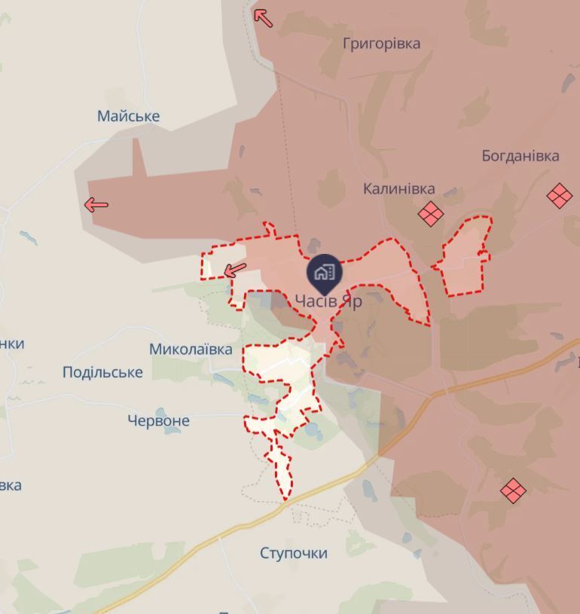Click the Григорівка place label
tap(381, 43)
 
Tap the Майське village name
tap(128, 116)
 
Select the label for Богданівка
tap(520, 156)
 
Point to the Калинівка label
tap(398, 188)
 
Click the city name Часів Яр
tap(328, 301)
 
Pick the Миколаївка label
tap(191, 349)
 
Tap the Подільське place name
tap(102, 372)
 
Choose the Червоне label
tap(158, 420)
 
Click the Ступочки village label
tap(294, 553)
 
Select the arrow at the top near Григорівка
tap(263, 17)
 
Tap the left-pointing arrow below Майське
tap(96, 204)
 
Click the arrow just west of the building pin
tap(235, 270)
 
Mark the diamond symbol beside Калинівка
tap(430, 213)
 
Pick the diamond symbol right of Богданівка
tap(559, 196)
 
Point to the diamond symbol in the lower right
tap(513, 490)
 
